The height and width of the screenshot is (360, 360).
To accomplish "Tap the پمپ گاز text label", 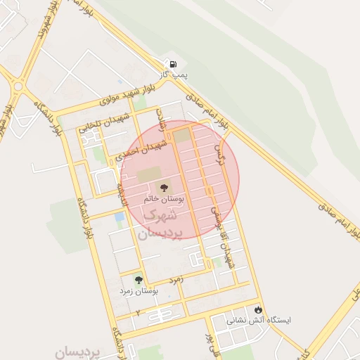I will coord(174,73).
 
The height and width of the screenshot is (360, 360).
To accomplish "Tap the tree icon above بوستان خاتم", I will coord(163,188).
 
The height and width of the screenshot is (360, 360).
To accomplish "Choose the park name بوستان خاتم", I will coord(163,199).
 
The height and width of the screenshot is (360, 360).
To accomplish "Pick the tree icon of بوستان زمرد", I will coord(138,280).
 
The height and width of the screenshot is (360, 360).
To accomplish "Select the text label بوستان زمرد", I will coord(138,290).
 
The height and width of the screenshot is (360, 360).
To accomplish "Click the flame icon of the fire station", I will coord(259,309).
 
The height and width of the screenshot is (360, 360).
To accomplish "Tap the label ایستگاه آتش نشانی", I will coord(257,320).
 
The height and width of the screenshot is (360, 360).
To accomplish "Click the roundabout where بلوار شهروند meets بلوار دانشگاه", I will coord(18,86).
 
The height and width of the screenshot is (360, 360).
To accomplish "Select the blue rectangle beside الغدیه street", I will coord(119,217).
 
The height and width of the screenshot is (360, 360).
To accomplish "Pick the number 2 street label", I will coord(138,311).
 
